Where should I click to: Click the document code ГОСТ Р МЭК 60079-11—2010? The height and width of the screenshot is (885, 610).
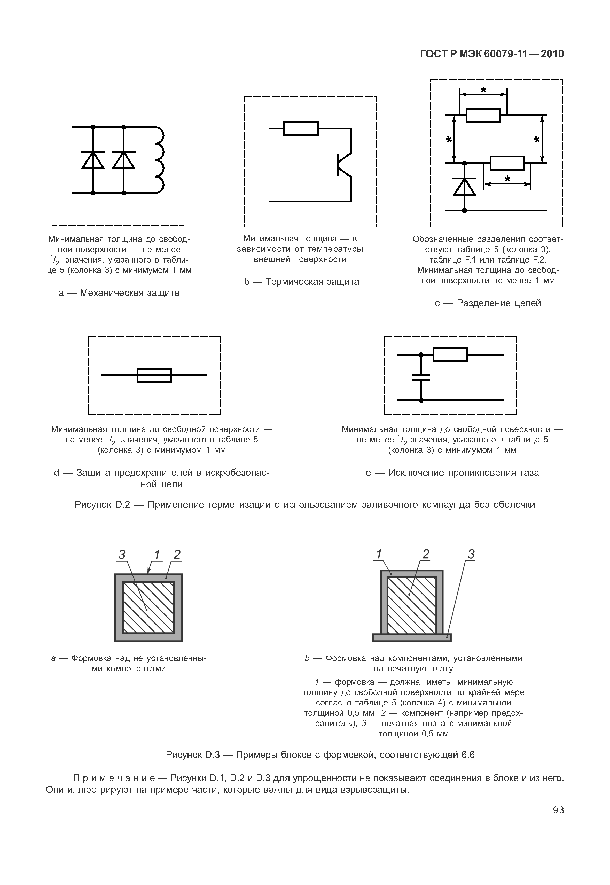coord(492,54)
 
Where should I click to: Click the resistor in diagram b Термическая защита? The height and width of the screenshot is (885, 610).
coord(301,128)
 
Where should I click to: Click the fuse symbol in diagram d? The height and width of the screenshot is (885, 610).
coord(154,375)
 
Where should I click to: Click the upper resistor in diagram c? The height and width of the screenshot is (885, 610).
coord(483,115)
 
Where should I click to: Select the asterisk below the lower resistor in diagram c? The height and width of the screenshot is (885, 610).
coord(507,179)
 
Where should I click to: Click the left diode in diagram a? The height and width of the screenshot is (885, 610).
coord(93,160)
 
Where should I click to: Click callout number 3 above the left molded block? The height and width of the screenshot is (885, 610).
coord(122,554)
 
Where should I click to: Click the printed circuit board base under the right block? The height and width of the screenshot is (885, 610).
coord(412,637)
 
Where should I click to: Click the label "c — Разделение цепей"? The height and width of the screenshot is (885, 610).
coord(488,303)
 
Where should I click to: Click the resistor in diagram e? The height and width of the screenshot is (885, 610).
coord(450,355)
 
